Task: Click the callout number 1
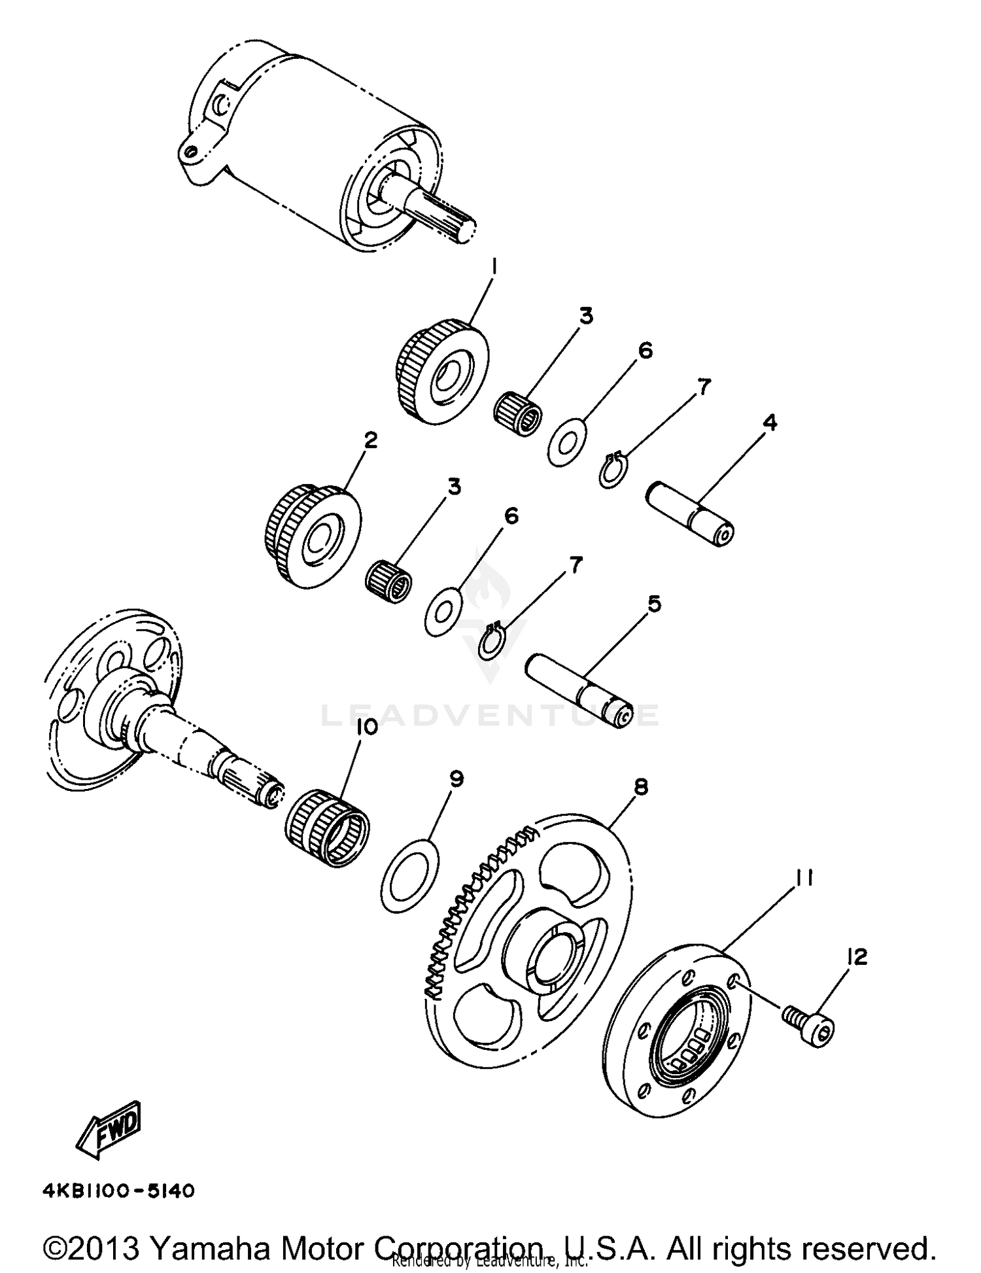[495, 267]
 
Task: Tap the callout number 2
[370, 440]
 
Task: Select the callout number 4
[770, 423]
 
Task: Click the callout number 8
[641, 787]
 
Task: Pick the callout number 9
[456, 778]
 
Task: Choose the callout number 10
[368, 727]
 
